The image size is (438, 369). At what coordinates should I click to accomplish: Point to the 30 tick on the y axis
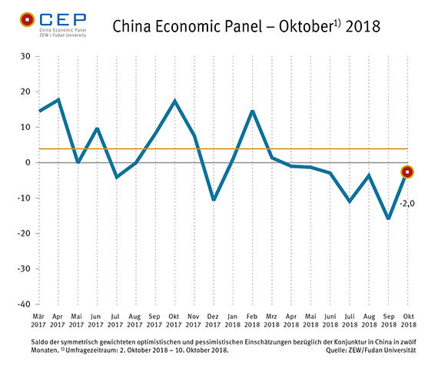(x=25, y=56)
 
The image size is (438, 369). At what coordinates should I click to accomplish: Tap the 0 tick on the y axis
(x=27, y=163)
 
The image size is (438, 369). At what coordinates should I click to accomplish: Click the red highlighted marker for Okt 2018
(x=408, y=172)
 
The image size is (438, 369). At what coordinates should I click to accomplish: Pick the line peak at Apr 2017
(x=58, y=99)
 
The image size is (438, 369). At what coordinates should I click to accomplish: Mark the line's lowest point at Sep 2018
(x=388, y=218)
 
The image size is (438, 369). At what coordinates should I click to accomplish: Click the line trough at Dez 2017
(x=213, y=200)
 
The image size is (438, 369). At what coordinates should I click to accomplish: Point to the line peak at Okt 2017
(x=174, y=101)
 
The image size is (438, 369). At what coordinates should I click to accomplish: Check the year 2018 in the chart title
(x=363, y=27)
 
